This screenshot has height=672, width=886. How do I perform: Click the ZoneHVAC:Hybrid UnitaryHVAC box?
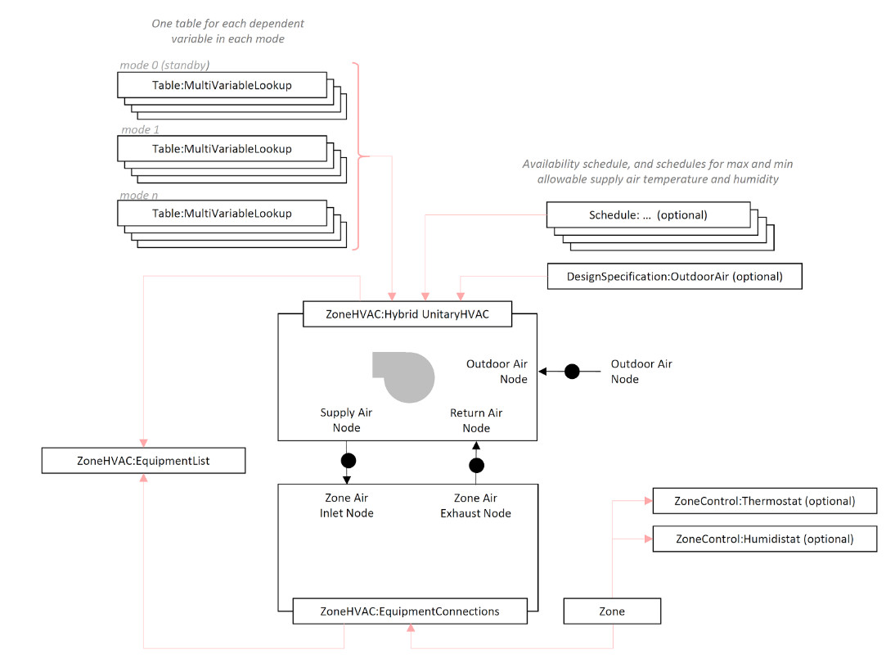pos(407,314)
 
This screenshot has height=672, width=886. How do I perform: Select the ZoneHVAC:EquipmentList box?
pos(143,461)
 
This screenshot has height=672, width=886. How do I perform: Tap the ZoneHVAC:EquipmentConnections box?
pos(409,611)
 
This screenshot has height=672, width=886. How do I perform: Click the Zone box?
pos(611,611)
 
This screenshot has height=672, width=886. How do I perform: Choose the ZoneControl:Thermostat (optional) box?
pos(764,501)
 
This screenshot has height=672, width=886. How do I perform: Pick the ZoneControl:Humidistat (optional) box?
pos(764,539)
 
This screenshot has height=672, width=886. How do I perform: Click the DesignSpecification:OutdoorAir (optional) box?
pos(674,277)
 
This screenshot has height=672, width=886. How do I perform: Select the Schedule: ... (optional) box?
pos(647,215)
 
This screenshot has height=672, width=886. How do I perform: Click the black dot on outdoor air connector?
pos(572,372)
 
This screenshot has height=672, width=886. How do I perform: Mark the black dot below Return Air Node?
pos(476,466)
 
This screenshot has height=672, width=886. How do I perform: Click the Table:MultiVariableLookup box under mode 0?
pos(222,85)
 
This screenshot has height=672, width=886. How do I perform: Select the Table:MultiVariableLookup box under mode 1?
pos(222,149)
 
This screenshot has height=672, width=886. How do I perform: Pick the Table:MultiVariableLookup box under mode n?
pos(222,214)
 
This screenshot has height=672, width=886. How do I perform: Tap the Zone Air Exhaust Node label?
pos(475,506)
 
